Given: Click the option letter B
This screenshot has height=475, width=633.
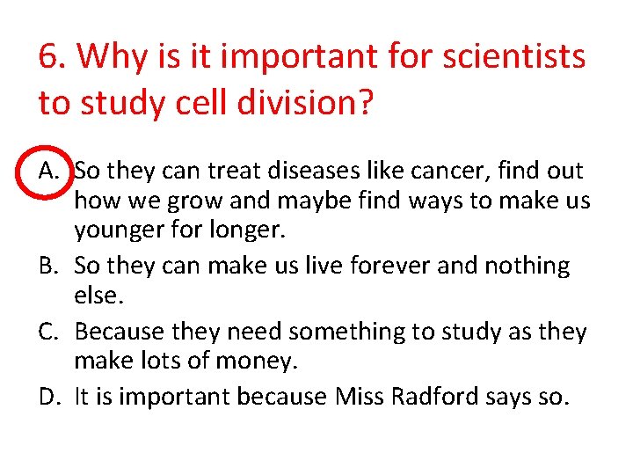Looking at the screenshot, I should pyautogui.click(x=49, y=265).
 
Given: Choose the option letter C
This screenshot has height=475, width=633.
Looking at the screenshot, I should pyautogui.click(x=49, y=331).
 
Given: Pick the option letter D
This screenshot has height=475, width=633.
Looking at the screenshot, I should pyautogui.click(x=49, y=397).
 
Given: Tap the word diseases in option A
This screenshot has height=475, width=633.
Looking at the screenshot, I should pyautogui.click(x=293, y=169).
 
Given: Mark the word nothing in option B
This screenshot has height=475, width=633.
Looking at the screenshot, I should pyautogui.click(x=526, y=265).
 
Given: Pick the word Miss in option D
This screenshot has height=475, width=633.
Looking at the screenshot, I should pyautogui.click(x=357, y=397).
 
